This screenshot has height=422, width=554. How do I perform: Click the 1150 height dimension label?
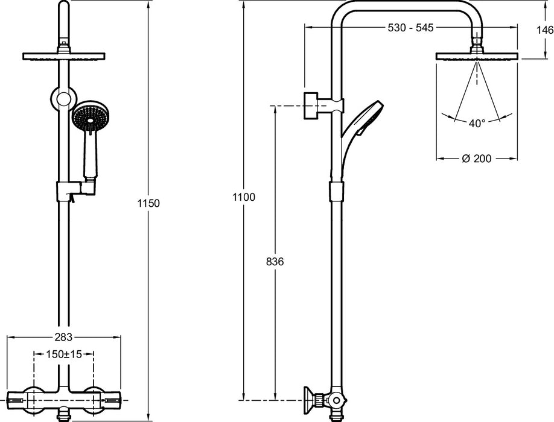pos(148,203)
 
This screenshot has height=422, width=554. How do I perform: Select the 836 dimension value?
pos(275,262)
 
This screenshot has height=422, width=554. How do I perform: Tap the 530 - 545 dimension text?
pos(410,28)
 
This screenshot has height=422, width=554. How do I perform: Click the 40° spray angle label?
pos(477,124)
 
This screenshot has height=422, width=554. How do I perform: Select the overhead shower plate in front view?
pos(63,57)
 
